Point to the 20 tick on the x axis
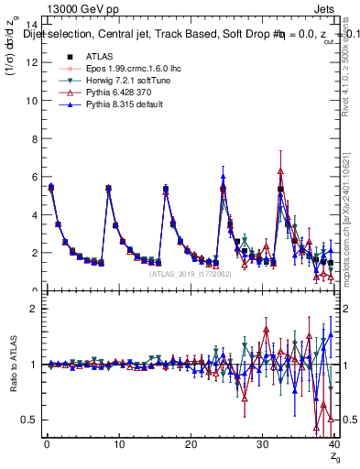click(x=190, y=445)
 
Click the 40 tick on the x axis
click(x=333, y=445)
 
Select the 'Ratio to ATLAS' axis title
click(x=12, y=365)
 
